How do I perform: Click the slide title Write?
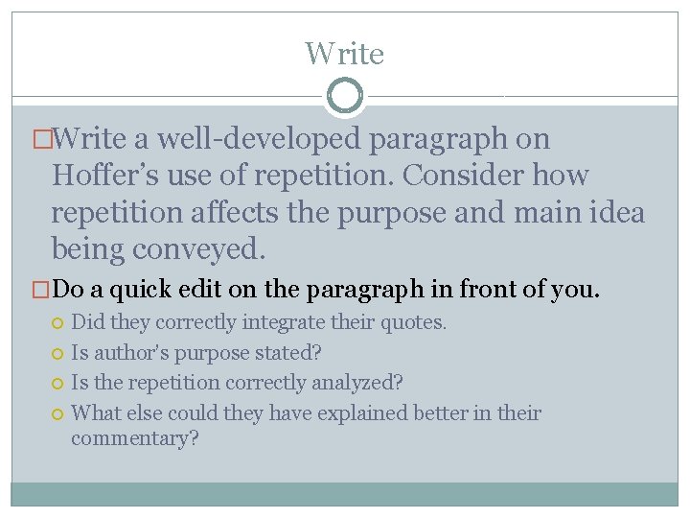[x=344, y=53]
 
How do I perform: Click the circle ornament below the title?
[x=345, y=96]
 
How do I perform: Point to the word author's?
[x=131, y=352]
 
